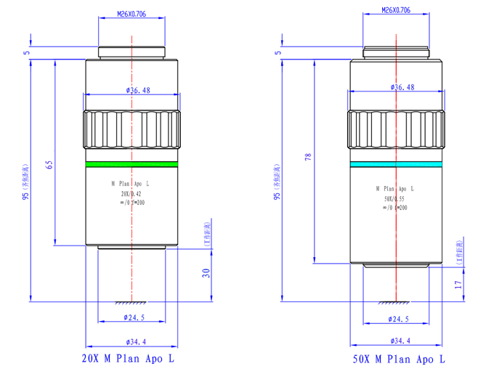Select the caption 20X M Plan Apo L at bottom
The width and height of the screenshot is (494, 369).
point(129,357)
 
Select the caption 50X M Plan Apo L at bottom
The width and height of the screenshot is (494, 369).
point(399,358)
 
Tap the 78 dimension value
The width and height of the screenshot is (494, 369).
point(308,158)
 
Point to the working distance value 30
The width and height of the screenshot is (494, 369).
point(206,274)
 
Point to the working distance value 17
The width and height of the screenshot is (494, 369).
point(458,284)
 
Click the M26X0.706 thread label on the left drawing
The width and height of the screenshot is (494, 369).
point(131,13)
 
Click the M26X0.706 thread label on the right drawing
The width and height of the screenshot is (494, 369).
point(396,11)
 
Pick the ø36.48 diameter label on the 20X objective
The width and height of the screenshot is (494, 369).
point(138,90)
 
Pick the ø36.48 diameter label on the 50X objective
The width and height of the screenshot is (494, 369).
point(402,87)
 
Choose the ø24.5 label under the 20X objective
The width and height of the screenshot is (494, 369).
point(135,317)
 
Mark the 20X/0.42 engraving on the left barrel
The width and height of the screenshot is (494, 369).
point(131,194)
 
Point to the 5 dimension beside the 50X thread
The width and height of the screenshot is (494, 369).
point(278,52)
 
